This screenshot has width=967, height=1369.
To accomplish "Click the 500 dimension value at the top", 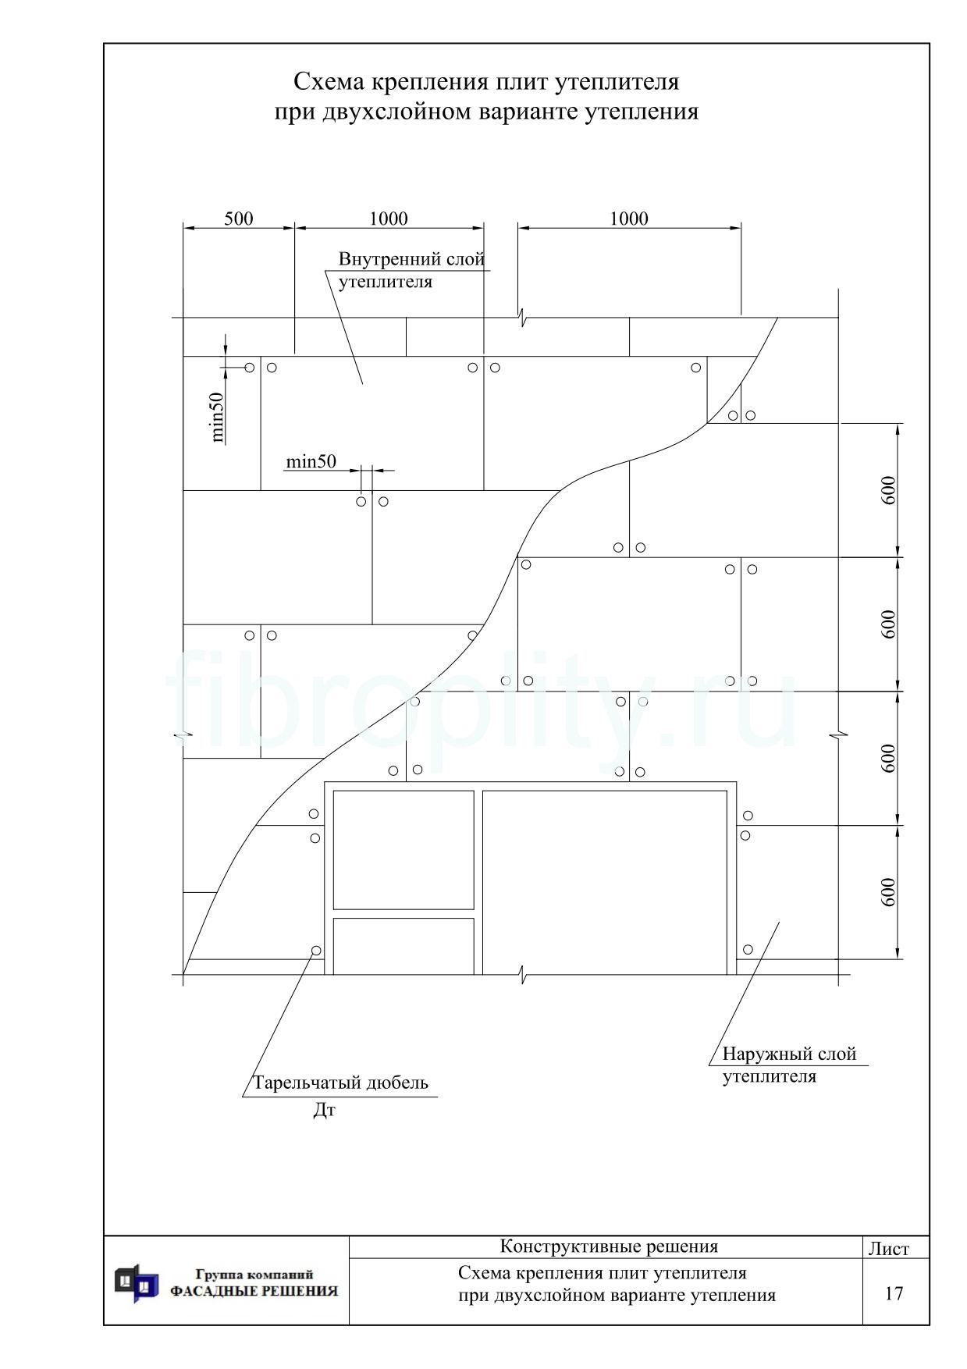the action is pyautogui.click(x=239, y=219).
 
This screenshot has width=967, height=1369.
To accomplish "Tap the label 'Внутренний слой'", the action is pyautogui.click(x=411, y=259).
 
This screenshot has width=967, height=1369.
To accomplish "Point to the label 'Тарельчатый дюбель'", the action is pyautogui.click(x=340, y=1083).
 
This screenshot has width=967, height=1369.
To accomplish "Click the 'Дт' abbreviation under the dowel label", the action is pyautogui.click(x=324, y=1110).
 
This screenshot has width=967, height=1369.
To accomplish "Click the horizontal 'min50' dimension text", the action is pyautogui.click(x=311, y=461).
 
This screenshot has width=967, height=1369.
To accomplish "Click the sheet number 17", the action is pyautogui.click(x=894, y=1294).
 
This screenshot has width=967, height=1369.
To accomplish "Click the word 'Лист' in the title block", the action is pyautogui.click(x=889, y=1249).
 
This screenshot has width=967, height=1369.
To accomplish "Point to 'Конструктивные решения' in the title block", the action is pyautogui.click(x=609, y=1246).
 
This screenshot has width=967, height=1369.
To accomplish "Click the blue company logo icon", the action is pyautogui.click(x=137, y=1284).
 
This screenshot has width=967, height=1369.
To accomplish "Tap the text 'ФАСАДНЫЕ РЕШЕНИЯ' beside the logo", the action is pyautogui.click(x=254, y=1292).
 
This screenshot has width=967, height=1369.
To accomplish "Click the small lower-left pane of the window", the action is pyautogui.click(x=404, y=946).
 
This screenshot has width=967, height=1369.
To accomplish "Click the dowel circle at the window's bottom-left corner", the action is pyautogui.click(x=316, y=951).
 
